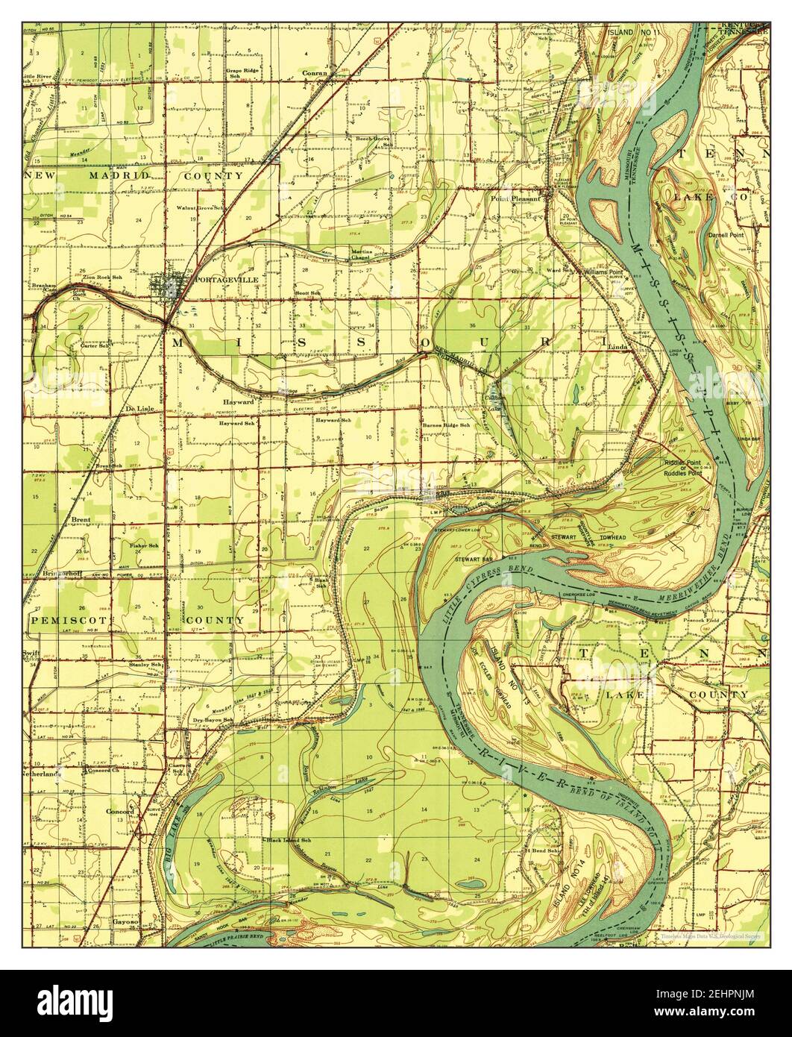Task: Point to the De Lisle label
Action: (139, 409)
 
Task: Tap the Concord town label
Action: (119, 811)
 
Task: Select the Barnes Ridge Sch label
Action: (446, 425)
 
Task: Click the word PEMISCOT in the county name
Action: (60, 620)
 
